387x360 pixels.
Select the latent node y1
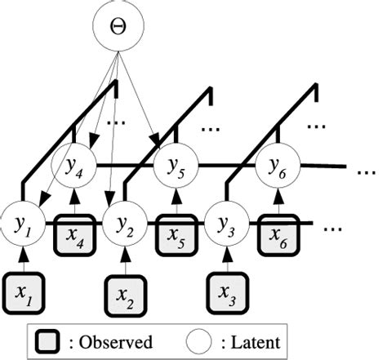[24, 222]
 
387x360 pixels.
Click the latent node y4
[73, 169]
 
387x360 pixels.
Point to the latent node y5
[175, 169]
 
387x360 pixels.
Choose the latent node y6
[276, 169]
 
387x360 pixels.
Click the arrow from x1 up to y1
[24, 257]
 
